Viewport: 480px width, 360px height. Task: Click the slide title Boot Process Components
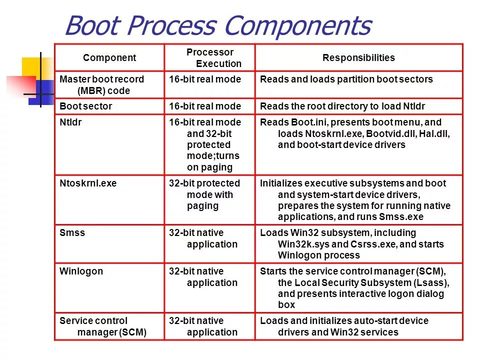tap(218, 25)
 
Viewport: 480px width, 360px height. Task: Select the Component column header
tap(109, 57)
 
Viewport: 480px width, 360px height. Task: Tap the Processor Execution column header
tap(210, 57)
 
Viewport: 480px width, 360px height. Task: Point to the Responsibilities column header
tap(358, 57)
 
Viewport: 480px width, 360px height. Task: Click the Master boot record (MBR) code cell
tap(102, 85)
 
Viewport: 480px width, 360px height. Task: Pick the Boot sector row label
tap(86, 106)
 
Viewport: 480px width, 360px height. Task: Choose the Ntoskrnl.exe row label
tap(88, 183)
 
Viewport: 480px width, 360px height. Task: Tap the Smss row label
tap(72, 232)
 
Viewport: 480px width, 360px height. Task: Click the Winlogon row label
tap(81, 271)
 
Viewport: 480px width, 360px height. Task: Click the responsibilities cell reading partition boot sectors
tap(346, 79)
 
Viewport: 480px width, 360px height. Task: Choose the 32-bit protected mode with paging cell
tap(204, 194)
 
